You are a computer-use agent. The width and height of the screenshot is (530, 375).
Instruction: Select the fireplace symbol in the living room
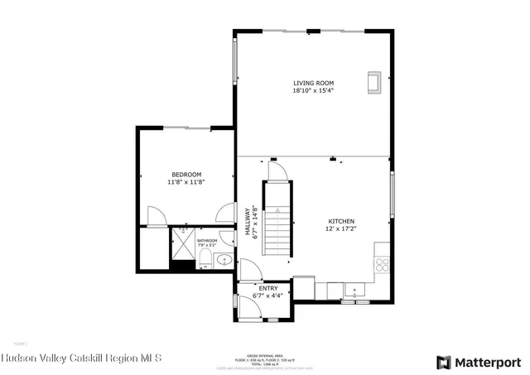coord(373,82)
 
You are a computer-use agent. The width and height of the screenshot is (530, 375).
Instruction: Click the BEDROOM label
coord(186,174)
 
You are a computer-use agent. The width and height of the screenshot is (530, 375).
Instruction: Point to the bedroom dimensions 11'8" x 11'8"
coord(186,182)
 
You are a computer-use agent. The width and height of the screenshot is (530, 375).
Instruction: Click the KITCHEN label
coord(341,221)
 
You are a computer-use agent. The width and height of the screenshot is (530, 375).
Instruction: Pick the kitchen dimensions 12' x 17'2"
coord(341,229)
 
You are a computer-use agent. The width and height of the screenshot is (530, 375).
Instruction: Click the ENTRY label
coord(268,288)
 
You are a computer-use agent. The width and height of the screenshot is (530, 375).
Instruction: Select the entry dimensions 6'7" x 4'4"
coord(268,296)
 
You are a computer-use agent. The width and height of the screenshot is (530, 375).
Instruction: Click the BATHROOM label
coord(206,241)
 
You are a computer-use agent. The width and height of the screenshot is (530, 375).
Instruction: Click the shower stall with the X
coord(181,243)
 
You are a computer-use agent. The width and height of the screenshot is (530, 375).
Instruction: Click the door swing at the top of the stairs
coord(279,171)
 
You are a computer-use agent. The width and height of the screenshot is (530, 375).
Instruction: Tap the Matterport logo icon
coord(445,361)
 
